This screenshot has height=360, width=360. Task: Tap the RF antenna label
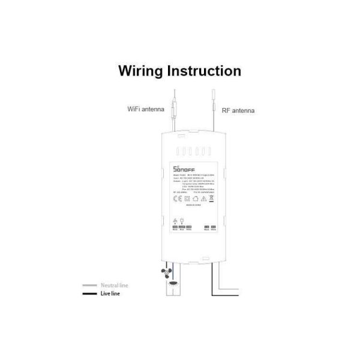[x=238, y=110]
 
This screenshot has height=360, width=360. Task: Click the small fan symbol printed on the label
[x=175, y=220]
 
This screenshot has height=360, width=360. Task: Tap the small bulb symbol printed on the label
[x=182, y=220]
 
